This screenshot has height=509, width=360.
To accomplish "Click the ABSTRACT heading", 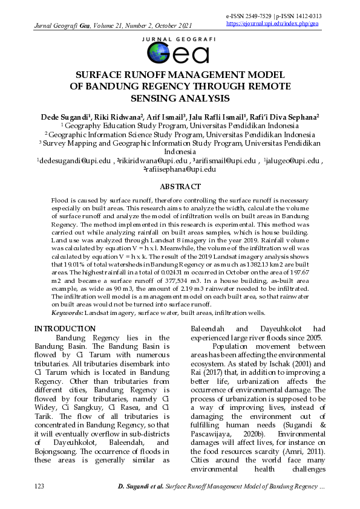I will tap(180, 187).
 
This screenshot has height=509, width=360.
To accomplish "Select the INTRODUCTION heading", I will tap(65, 329).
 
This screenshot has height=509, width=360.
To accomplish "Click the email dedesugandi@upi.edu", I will tap(74, 161).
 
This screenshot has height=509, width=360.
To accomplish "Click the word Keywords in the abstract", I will tap(67, 313).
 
